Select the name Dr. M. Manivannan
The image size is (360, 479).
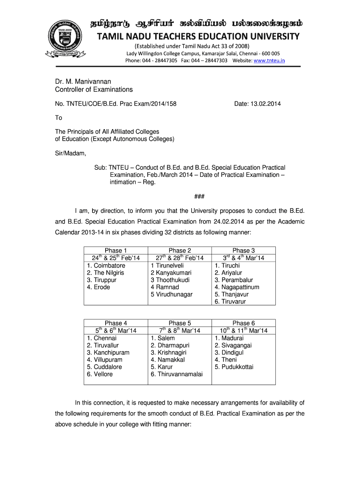click(83, 81)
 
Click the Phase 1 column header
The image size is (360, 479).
click(116, 251)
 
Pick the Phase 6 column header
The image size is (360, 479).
click(244, 323)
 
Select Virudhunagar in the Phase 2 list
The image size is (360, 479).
click(171, 294)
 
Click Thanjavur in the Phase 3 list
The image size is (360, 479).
click(231, 294)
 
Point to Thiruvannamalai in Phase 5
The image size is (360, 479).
click(176, 374)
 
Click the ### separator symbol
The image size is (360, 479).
click(180, 196)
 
